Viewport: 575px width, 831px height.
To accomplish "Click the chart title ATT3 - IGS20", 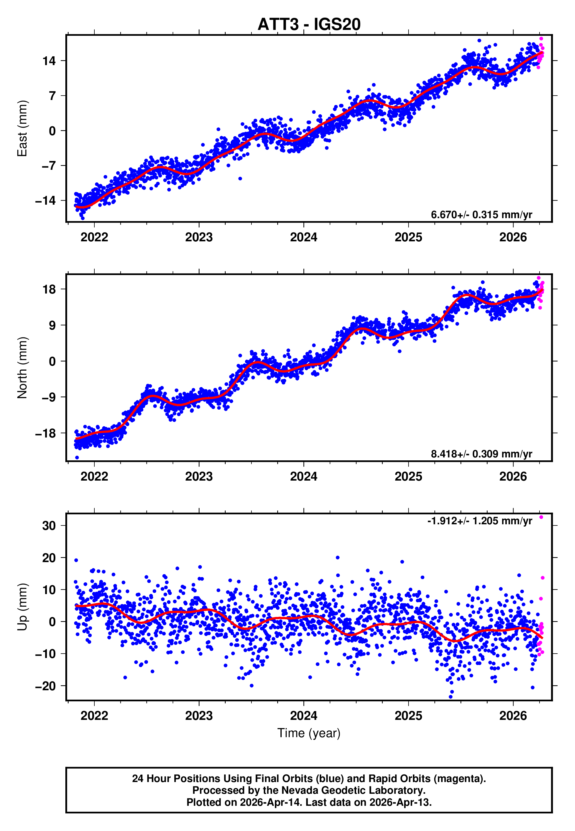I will click(x=309, y=25).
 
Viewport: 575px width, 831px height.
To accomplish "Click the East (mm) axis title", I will click(x=22, y=129).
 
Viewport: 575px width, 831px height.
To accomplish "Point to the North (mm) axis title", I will click(x=22, y=368).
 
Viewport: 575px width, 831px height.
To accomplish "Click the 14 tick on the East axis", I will click(x=49, y=61).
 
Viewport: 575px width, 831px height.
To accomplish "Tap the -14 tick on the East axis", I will click(x=45, y=201).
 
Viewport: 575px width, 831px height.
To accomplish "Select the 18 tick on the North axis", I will click(x=49, y=289).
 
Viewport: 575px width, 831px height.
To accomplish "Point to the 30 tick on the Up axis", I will click(x=49, y=526).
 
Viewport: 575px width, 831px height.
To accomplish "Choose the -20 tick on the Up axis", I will click(x=45, y=686).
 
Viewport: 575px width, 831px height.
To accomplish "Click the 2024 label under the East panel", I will click(x=303, y=238).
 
